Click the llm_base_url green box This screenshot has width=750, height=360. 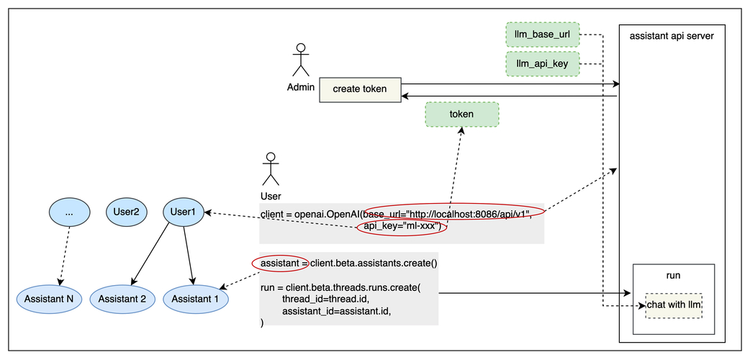click(542, 35)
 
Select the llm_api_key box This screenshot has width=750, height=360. click(542, 64)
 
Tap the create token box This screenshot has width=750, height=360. click(360, 89)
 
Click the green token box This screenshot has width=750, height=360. click(461, 114)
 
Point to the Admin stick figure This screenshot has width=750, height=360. click(300, 60)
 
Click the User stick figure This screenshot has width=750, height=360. click(271, 168)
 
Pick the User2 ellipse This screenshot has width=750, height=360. click(126, 212)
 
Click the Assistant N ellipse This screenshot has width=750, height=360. click(50, 298)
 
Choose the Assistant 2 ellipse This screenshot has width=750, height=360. click(122, 298)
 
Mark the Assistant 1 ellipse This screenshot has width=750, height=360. click(196, 298)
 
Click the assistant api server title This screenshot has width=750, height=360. click(671, 35)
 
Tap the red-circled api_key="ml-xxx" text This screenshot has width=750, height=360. click(402, 227)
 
